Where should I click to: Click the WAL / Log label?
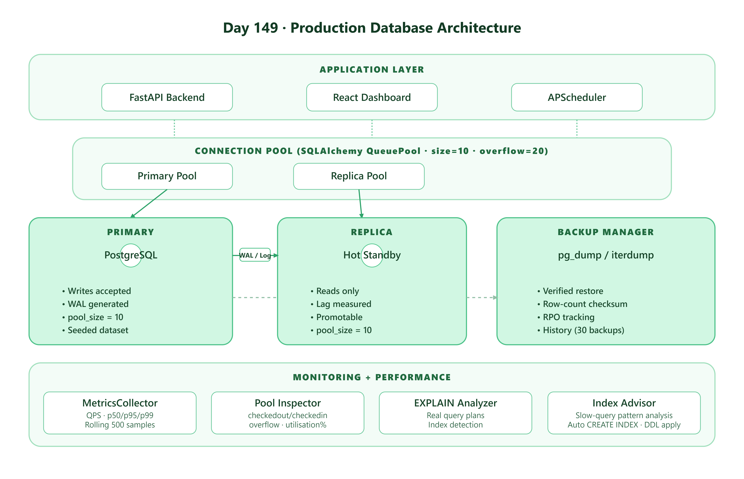coord(255,255)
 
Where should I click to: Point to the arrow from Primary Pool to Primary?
coord(149,203)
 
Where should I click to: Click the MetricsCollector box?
coord(120,413)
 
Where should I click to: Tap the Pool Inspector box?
coord(288,413)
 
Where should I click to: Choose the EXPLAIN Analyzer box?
coord(455,413)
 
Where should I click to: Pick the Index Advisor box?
coord(624,413)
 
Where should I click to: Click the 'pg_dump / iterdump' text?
coord(606,255)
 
